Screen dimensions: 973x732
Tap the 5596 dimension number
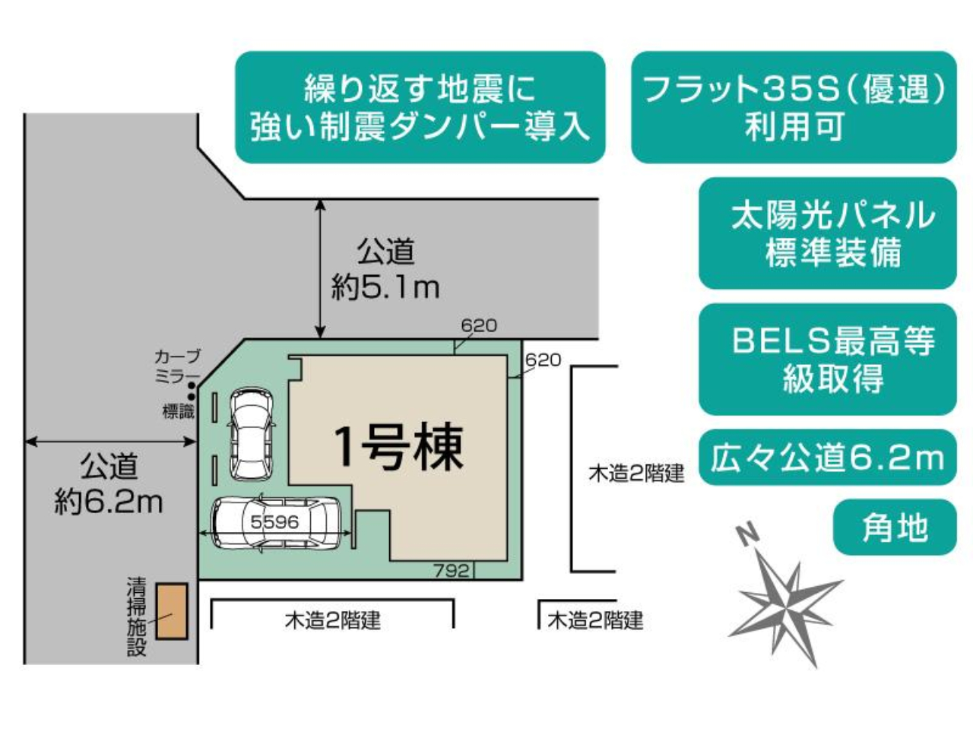click(x=274, y=522)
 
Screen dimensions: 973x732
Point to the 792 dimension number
click(x=452, y=571)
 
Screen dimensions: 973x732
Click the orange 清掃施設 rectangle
click(x=172, y=610)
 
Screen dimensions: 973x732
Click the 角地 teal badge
click(x=895, y=528)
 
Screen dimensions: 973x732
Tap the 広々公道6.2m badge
click(x=827, y=458)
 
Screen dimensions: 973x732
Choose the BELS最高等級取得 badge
click(x=827, y=360)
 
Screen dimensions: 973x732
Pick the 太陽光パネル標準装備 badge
click(x=827, y=233)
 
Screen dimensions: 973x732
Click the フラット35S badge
click(x=794, y=107)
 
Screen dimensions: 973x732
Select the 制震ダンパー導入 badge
click(x=420, y=107)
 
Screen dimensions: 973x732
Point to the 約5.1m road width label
click(x=385, y=288)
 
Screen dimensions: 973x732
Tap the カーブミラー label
click(x=177, y=366)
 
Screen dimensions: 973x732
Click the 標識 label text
click(x=178, y=412)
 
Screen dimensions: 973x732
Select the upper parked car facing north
click(x=250, y=434)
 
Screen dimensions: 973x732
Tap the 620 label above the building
click(x=479, y=325)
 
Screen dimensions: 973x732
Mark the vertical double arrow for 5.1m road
click(x=321, y=269)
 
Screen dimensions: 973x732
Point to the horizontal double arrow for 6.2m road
click(x=111, y=442)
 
